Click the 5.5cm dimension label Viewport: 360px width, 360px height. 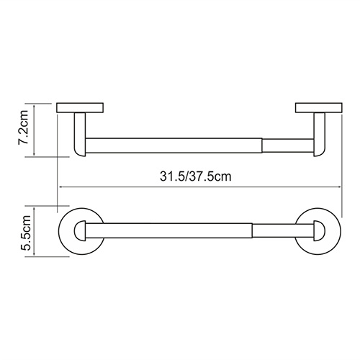(25, 233)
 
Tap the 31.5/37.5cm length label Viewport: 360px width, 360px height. (196, 176)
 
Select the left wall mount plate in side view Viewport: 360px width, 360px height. (80, 108)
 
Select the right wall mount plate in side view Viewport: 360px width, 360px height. (319, 108)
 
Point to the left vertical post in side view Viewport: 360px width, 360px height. (80, 135)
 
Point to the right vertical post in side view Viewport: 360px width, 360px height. (320, 135)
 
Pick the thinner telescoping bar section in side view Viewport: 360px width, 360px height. (288, 145)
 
